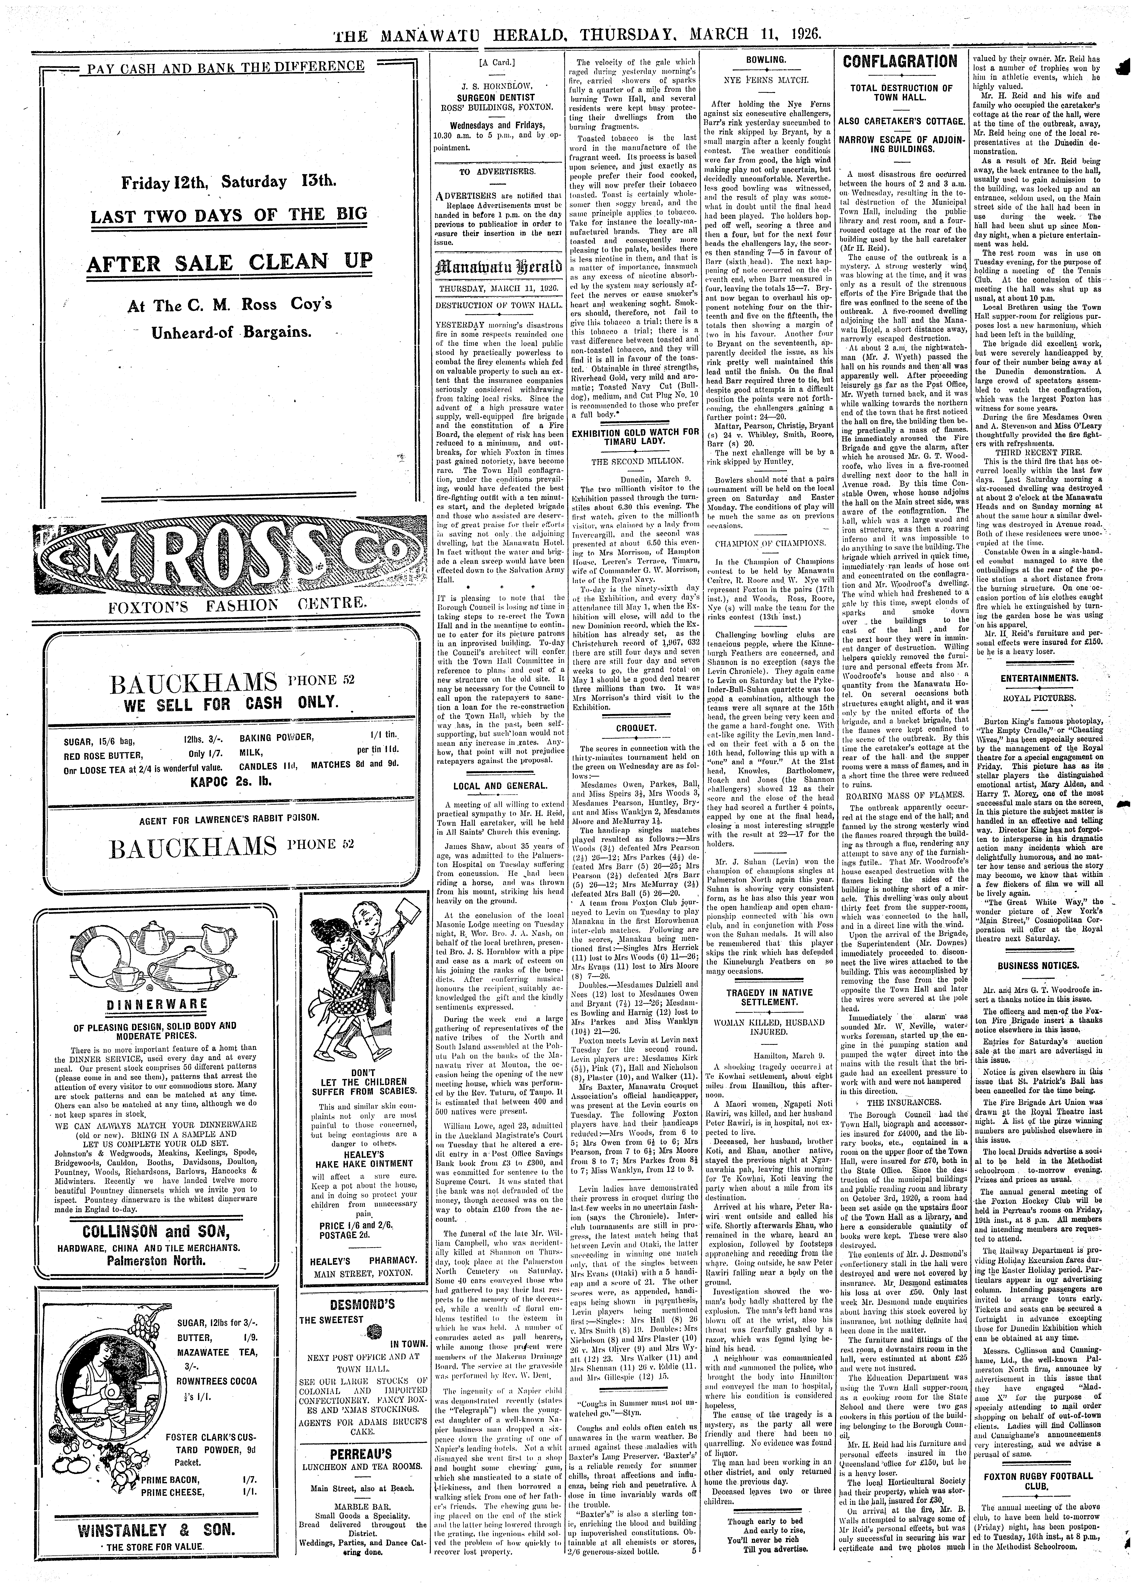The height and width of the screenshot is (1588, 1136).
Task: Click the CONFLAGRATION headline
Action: pos(900,62)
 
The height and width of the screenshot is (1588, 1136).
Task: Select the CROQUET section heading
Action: pos(635,728)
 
